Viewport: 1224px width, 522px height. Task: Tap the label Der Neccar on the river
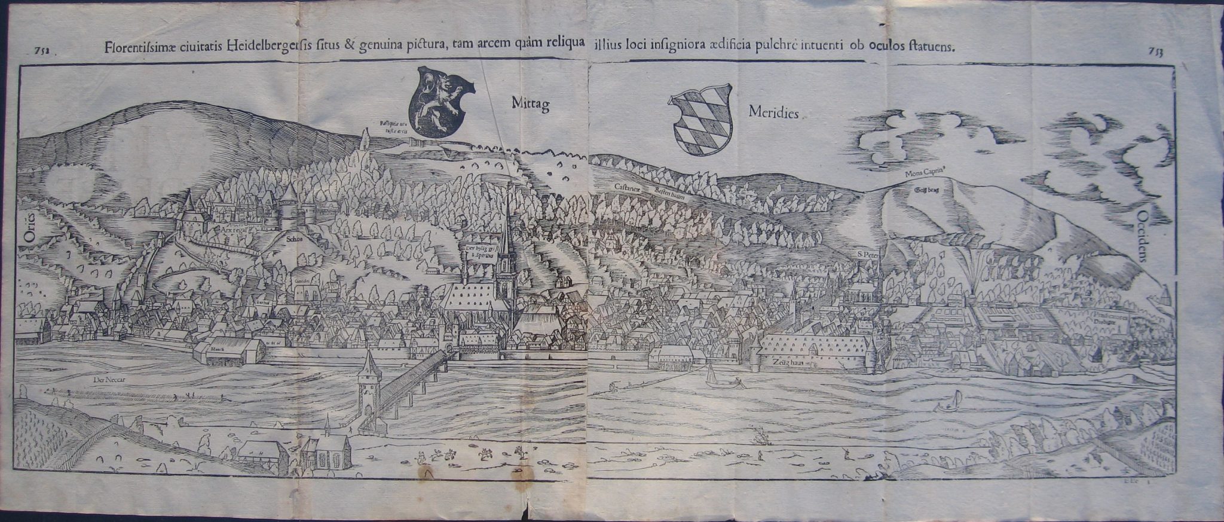click(x=108, y=379)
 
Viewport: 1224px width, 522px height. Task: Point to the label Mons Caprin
click(x=926, y=173)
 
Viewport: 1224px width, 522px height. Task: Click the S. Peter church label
click(x=866, y=254)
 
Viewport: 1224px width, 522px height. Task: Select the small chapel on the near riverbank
click(x=326, y=451)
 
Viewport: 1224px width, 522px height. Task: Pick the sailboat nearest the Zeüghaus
click(x=711, y=376)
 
